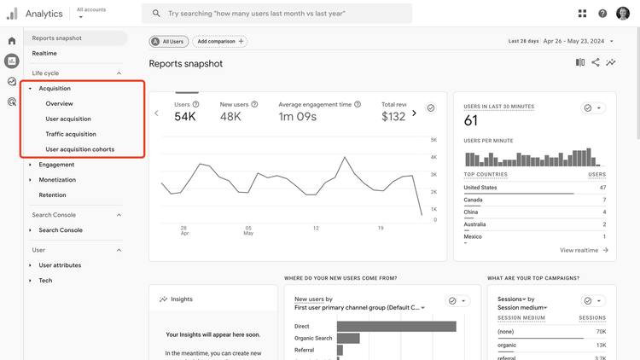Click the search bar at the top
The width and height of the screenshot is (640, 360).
pos(277,14)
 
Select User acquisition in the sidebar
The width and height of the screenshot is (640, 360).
pos(68,119)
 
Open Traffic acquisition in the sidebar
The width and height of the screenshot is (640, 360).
pos(71,134)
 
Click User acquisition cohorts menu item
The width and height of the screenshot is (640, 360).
pos(79,149)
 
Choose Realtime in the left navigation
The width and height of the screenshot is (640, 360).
pos(44,53)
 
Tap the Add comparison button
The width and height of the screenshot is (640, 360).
pos(219,41)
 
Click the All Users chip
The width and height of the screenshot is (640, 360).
pos(168,41)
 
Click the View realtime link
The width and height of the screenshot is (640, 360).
pos(584,250)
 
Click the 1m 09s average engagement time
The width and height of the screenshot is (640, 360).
pos(297,117)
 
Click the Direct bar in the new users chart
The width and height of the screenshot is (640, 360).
pos(396,326)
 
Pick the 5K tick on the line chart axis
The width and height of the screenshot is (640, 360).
pos(433,140)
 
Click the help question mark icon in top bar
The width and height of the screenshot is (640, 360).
pos(602,14)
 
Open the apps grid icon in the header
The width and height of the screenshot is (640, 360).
pos(582,14)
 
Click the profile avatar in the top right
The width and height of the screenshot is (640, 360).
pos(623,14)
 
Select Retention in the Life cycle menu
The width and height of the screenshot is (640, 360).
pos(52,195)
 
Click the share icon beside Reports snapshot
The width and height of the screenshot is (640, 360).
pos(596,63)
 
